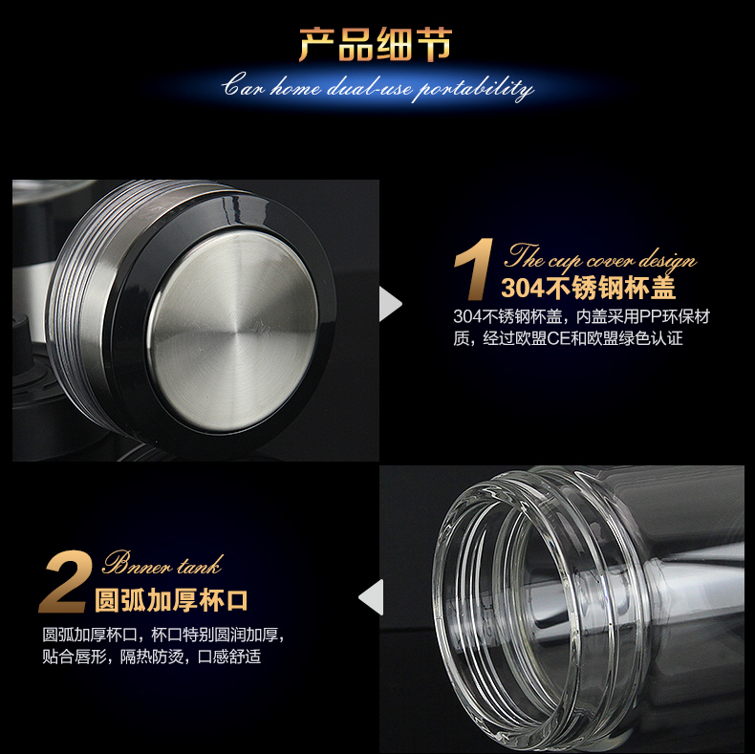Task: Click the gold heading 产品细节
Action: point(375,45)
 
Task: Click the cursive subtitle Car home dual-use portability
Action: point(378,88)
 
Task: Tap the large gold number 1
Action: point(474,269)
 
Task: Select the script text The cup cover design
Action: point(600,258)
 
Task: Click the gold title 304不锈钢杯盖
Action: point(589,288)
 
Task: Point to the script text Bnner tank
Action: point(162,563)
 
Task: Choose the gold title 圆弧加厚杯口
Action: point(171,600)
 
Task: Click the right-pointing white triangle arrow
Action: point(391,304)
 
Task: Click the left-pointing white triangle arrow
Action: point(371,597)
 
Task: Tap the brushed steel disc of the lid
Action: point(232,330)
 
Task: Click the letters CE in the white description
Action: point(558,338)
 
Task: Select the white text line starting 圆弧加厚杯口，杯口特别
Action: point(163,635)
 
